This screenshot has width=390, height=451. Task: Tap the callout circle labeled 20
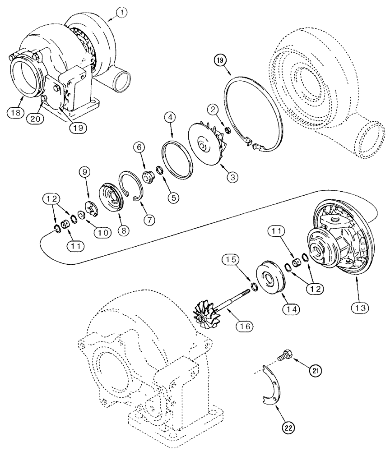tap(35, 118)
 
